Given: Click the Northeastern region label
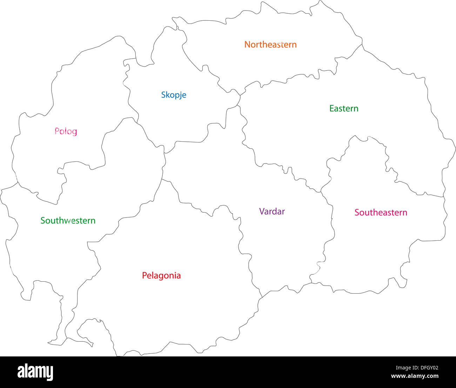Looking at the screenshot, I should point(270,45).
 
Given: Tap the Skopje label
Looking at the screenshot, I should point(174,95).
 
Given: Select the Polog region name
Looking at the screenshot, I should point(66,131).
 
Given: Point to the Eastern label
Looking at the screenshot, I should point(344,108).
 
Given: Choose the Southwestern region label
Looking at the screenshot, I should point(68,220).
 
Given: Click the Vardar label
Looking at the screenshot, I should point(272,211).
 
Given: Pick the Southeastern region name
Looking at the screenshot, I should point(381,212).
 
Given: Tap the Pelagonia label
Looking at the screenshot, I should point(161,275).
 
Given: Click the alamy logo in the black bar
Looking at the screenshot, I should point(35,372).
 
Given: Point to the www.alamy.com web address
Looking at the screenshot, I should point(415,376).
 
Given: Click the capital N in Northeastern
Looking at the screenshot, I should point(247,45).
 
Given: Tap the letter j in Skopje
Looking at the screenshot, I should point(180,95).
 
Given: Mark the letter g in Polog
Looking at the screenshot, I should point(74,132).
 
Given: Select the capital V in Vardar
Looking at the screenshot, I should point(262,211).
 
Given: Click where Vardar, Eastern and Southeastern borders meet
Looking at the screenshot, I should point(321,192).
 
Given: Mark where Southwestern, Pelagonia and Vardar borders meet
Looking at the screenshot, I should point(162,179).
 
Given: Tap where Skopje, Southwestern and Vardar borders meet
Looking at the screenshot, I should point(165,153).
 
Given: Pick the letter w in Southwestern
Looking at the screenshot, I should point(71,221).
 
